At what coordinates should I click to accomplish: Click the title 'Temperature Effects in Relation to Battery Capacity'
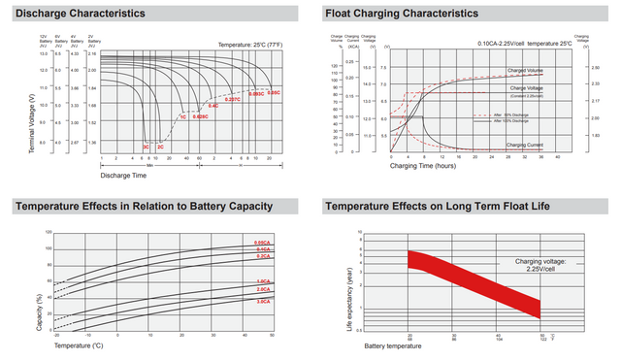click(x=144, y=207)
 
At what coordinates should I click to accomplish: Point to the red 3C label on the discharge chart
click(x=146, y=146)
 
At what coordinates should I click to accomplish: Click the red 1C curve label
click(x=182, y=116)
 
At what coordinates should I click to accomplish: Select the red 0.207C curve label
click(x=233, y=99)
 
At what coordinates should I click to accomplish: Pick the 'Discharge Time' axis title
click(x=124, y=175)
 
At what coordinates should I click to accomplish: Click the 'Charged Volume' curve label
click(x=525, y=71)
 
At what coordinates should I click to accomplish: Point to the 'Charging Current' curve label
click(x=525, y=144)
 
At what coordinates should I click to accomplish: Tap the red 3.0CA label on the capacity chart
click(x=262, y=303)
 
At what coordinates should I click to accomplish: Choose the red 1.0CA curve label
click(x=262, y=280)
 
